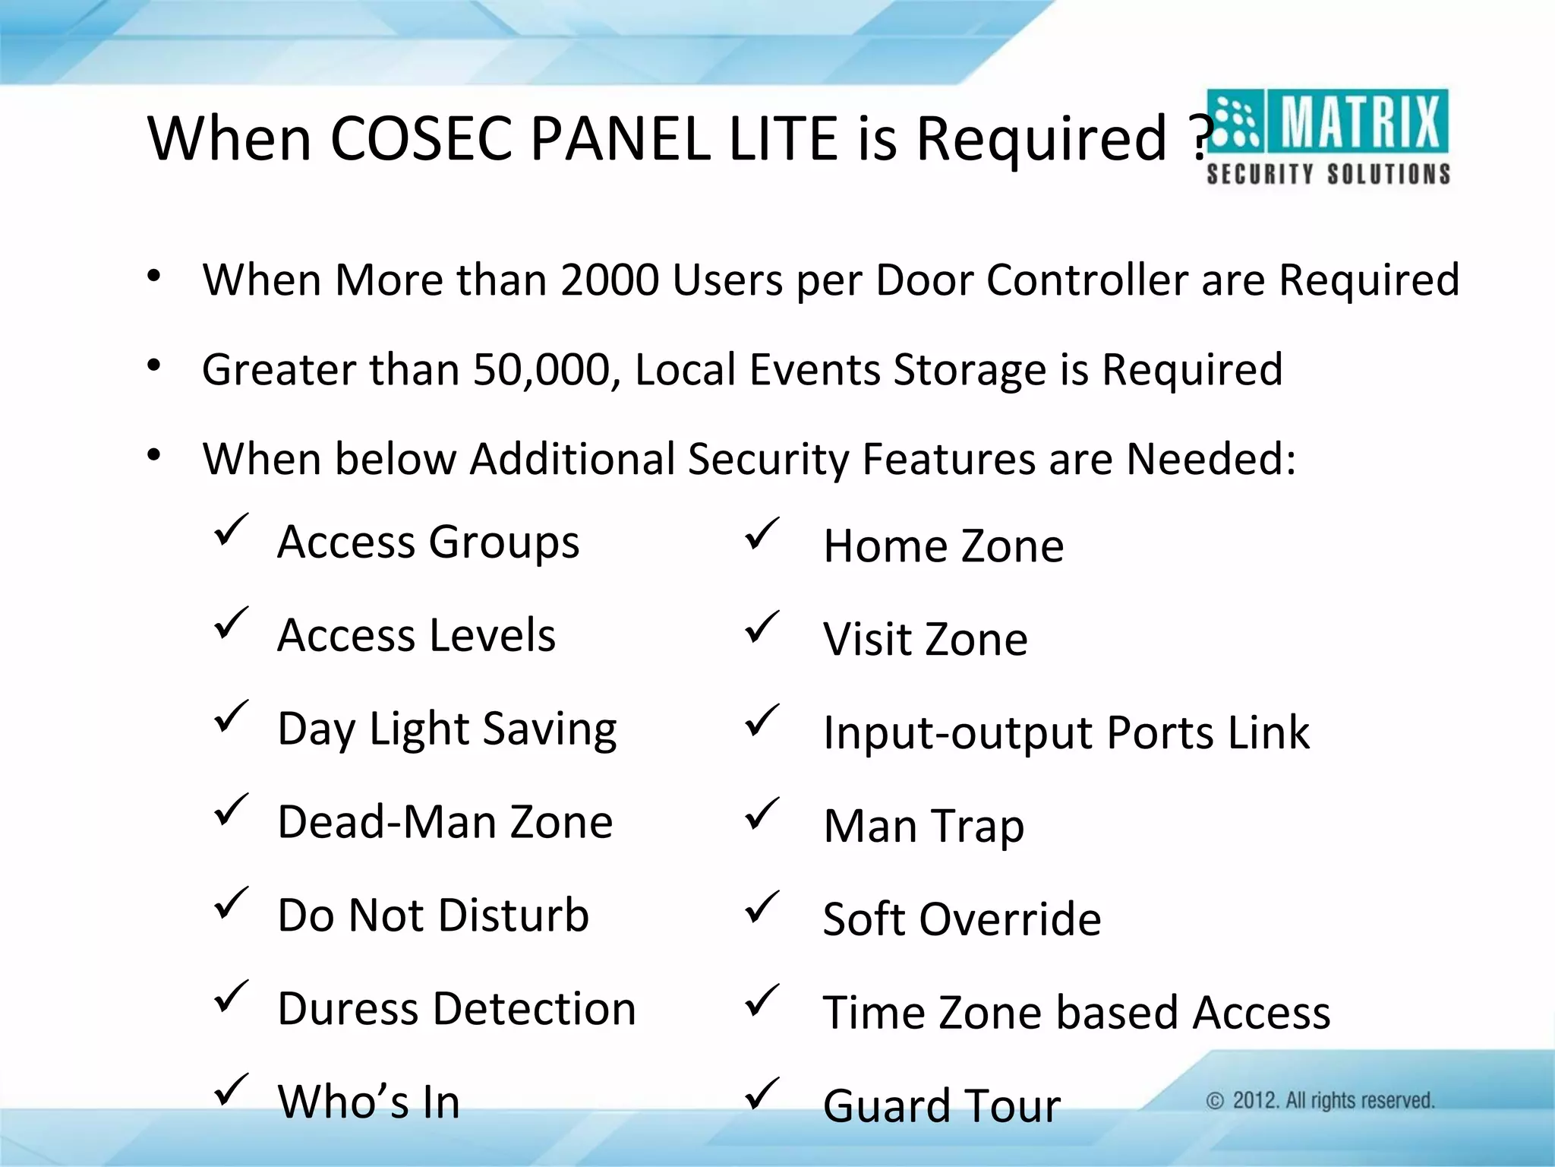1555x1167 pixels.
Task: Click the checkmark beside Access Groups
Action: click(x=231, y=530)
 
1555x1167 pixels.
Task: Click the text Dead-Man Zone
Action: click(x=445, y=822)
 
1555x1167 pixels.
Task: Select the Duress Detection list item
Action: click(x=456, y=1009)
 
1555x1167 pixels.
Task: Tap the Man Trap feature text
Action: click(x=923, y=826)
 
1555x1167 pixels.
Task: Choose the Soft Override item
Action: click(x=962, y=919)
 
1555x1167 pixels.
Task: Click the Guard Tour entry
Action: click(x=942, y=1105)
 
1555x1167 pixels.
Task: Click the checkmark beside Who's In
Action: click(x=231, y=1090)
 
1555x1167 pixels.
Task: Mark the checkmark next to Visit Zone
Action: click(x=762, y=627)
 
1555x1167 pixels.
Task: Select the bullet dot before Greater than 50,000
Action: click(x=154, y=367)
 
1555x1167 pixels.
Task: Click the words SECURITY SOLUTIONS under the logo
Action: click(x=1328, y=174)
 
